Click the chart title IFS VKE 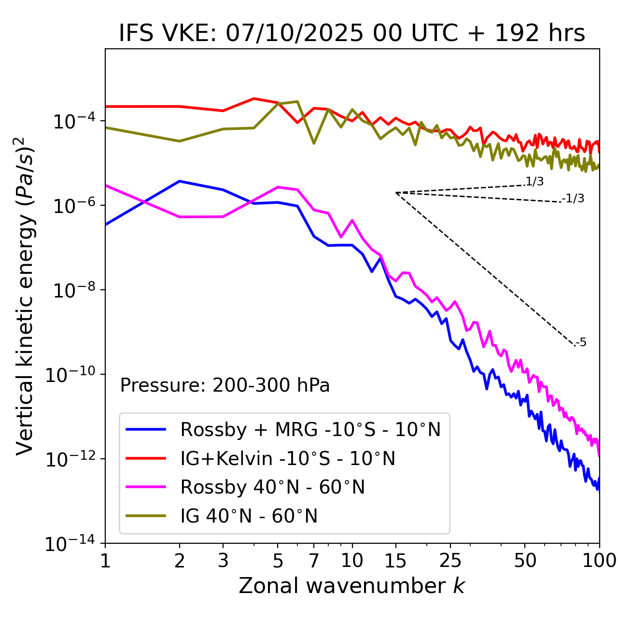pos(352,34)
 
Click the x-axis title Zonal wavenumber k pos(352,585)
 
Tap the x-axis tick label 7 pos(314,560)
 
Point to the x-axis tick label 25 pos(450,560)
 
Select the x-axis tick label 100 pos(599,560)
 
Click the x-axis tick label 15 pos(396,560)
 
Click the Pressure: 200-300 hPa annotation pos(225,385)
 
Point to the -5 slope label pos(581,343)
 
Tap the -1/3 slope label pos(574,198)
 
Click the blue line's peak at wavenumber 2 pos(180,181)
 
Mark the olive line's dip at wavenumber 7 pos(314,143)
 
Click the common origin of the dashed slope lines pos(396,193)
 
